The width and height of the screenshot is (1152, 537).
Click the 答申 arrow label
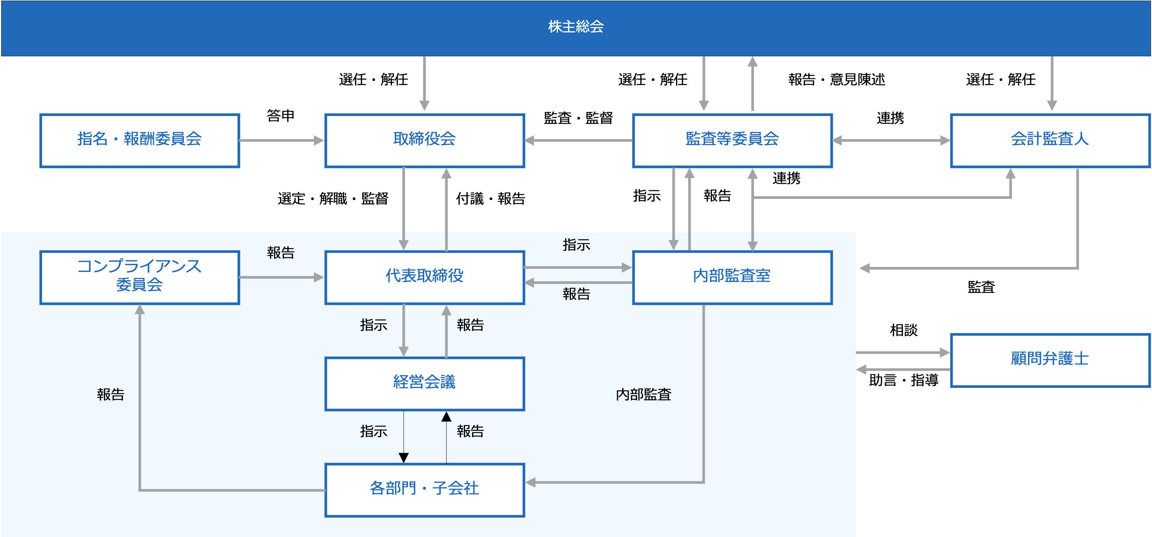(281, 115)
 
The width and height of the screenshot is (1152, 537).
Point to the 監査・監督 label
(578, 118)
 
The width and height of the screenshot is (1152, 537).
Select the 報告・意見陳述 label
(837, 79)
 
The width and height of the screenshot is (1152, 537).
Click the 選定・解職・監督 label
(333, 198)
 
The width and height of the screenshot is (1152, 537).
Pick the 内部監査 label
(643, 394)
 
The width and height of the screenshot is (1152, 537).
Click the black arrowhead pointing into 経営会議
(446, 417)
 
